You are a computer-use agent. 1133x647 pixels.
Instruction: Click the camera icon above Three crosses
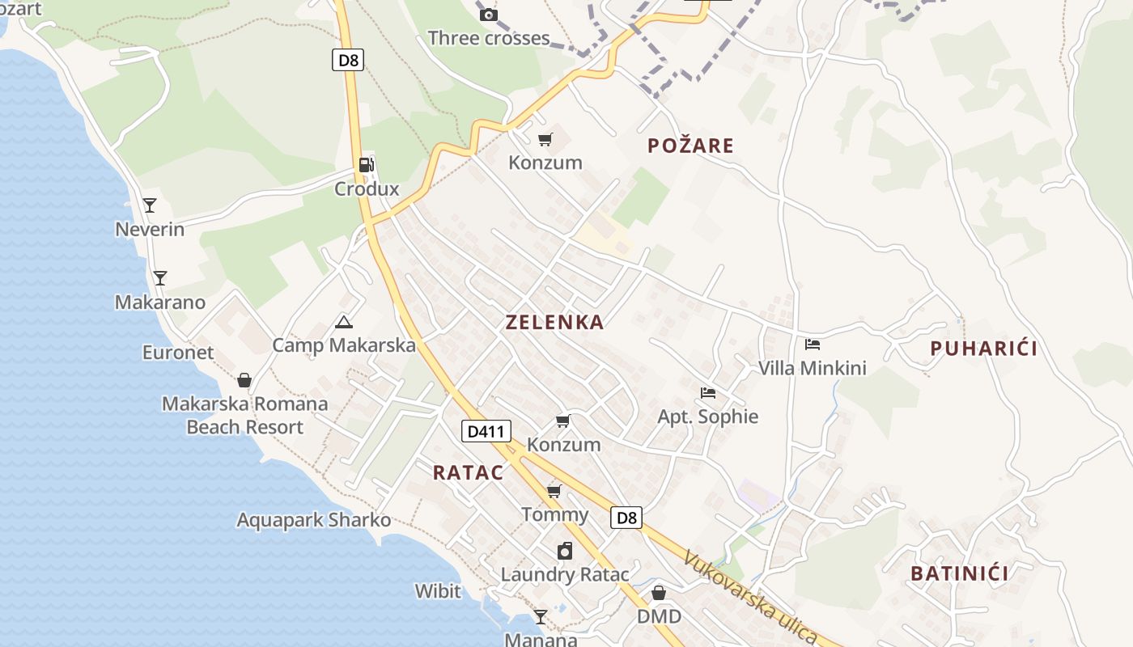tap(488, 15)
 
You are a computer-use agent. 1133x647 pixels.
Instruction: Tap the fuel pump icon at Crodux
tap(367, 165)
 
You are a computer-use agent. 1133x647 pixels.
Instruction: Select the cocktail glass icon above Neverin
tap(150, 205)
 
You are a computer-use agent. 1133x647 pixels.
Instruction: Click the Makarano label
tap(160, 302)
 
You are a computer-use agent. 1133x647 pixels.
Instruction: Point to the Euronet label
tap(178, 353)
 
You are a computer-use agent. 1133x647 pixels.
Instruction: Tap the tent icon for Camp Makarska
tap(344, 322)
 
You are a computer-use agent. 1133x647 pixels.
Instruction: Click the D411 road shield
tap(486, 431)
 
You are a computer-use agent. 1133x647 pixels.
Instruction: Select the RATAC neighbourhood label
tap(468, 473)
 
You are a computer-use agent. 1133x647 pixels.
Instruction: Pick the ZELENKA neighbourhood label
tap(554, 322)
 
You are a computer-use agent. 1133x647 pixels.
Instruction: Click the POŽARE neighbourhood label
tap(690, 146)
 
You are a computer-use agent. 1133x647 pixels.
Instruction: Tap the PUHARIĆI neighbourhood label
tap(983, 349)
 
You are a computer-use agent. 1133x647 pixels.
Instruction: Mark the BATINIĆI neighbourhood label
tap(959, 573)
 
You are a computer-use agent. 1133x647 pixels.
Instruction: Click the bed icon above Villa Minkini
tap(813, 345)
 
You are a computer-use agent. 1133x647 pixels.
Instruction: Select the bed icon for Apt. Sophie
tap(708, 393)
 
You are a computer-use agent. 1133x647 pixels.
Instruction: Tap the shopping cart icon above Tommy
tap(554, 491)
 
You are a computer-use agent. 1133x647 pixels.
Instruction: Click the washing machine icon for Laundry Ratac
tap(565, 551)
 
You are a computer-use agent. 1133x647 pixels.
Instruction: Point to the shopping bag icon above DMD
tap(659, 593)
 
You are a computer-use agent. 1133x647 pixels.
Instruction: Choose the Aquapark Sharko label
tap(313, 520)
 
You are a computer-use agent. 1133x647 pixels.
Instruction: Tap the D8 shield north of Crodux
tap(347, 60)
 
